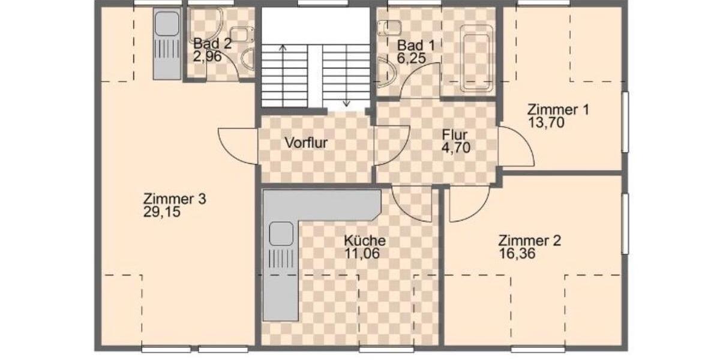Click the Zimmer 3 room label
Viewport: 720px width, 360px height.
tap(175, 199)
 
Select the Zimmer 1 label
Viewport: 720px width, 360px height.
tap(558, 110)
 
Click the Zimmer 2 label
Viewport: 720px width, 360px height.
tap(530, 241)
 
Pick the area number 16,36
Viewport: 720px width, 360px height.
tap(517, 253)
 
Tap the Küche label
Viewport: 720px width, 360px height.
tap(365, 241)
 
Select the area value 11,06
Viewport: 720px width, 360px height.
tap(362, 253)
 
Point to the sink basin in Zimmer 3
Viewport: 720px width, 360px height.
tap(167, 25)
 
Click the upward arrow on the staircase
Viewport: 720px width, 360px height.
tap(283, 48)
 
